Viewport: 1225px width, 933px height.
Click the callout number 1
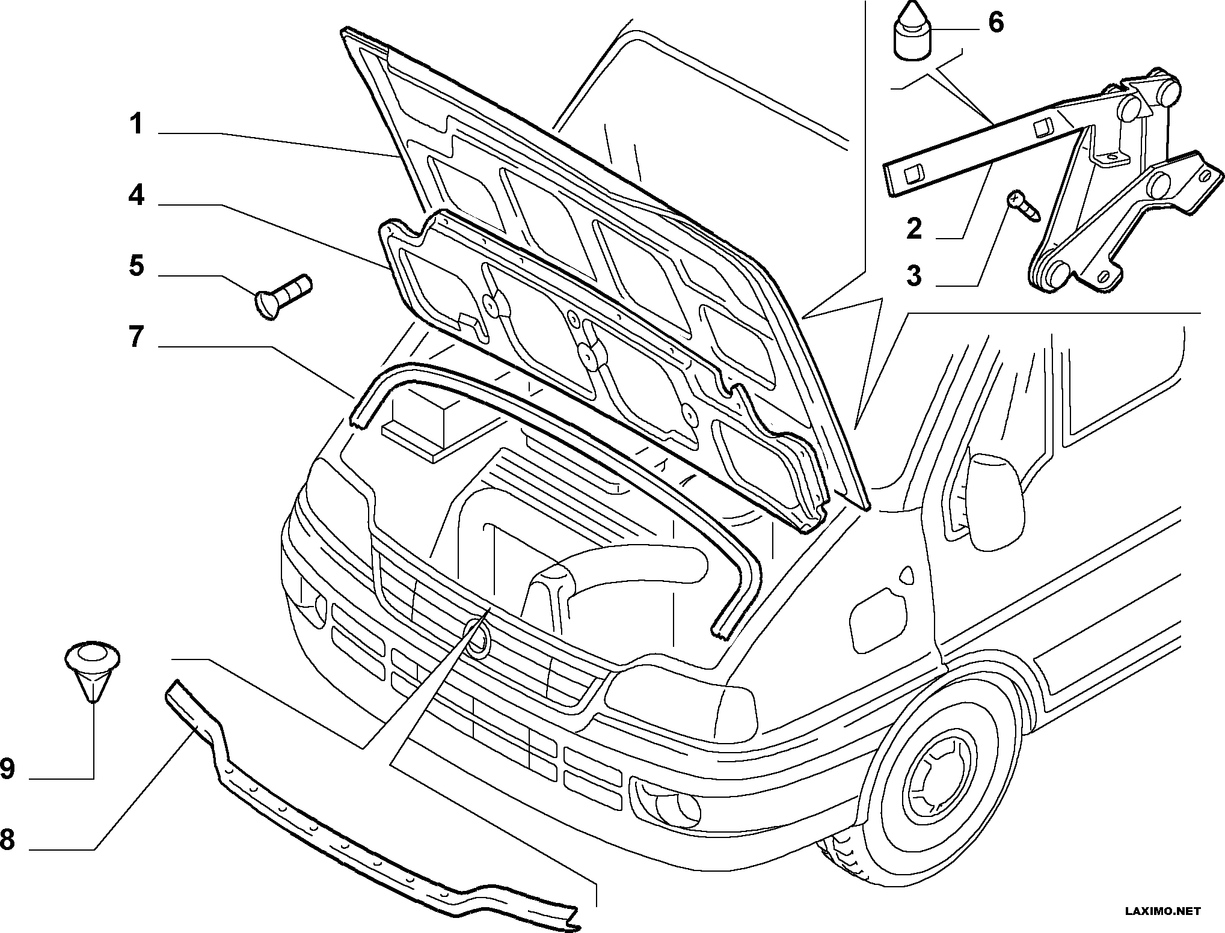(137, 124)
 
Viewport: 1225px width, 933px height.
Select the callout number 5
(137, 265)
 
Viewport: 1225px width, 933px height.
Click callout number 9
(8, 768)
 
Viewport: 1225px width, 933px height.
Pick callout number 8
(8, 839)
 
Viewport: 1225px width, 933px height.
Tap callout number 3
(914, 275)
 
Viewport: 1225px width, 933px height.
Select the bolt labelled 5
(283, 295)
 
